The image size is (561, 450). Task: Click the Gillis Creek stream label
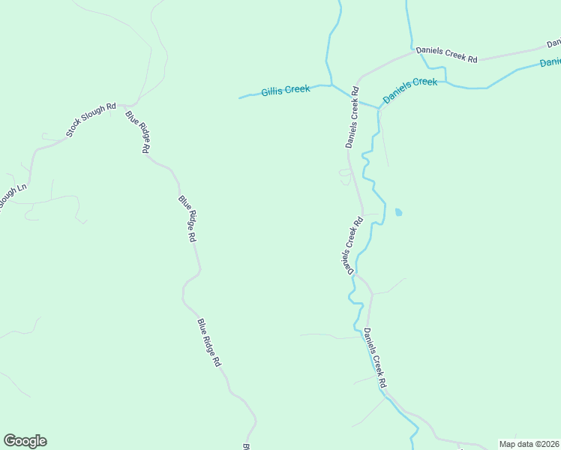click(285, 91)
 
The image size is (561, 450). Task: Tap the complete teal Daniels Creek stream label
click(409, 90)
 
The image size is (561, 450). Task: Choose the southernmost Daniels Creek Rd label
click(375, 358)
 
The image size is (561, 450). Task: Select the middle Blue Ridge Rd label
click(187, 218)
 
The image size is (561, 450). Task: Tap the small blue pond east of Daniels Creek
click(398, 212)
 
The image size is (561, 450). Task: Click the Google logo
click(25, 441)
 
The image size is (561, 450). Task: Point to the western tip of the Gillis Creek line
click(240, 97)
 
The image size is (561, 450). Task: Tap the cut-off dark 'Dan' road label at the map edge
click(554, 42)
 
